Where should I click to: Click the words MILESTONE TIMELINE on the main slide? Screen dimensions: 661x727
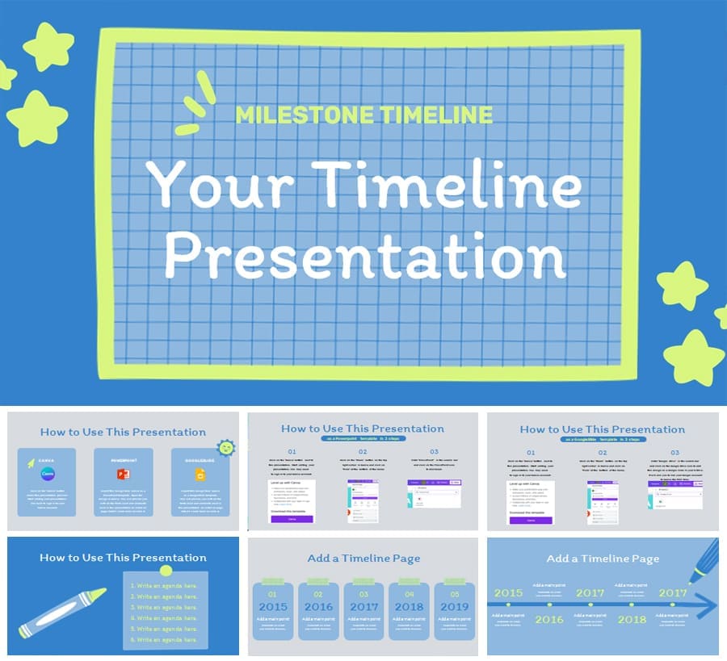[363, 114]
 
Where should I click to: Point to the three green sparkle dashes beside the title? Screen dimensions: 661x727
[195, 103]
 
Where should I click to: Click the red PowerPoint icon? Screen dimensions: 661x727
[123, 475]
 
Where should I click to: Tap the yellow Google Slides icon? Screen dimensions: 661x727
[200, 475]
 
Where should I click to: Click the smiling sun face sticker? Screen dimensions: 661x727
[226, 448]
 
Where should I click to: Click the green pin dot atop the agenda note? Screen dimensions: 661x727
[166, 571]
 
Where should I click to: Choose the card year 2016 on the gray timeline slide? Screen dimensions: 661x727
[318, 606]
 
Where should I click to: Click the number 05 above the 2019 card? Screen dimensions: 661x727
[454, 595]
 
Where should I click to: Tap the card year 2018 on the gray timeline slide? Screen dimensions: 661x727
[409, 606]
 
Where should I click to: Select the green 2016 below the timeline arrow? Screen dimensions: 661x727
[549, 619]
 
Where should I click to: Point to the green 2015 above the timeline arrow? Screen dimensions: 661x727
[508, 592]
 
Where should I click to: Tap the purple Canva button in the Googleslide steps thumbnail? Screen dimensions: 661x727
[531, 521]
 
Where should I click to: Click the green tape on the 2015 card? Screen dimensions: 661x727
[273, 580]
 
